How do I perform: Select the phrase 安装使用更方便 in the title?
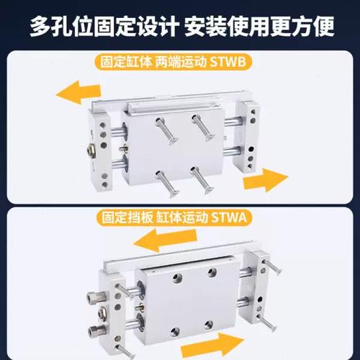tap(261, 27)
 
